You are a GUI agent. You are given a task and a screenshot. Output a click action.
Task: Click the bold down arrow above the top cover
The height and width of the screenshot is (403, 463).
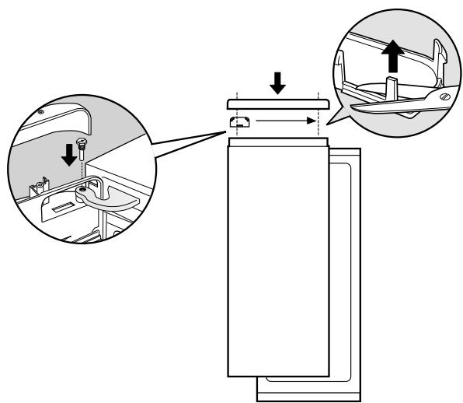coord(277,81)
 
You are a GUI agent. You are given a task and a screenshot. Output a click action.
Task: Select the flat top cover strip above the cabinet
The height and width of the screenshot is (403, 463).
coord(276,103)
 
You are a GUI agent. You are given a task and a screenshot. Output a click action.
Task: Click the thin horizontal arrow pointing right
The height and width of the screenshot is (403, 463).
coord(287,122)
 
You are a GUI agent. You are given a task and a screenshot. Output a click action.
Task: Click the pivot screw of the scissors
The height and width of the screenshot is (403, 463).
coord(443,98)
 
